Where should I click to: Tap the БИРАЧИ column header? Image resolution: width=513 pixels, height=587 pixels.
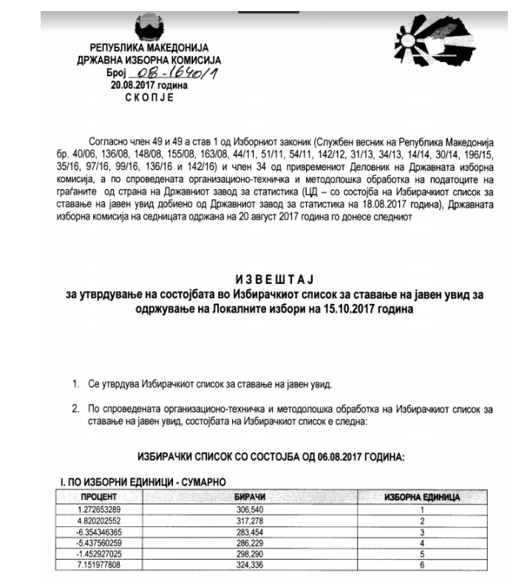[255, 498]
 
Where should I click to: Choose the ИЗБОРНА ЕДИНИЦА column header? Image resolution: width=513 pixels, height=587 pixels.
[421, 498]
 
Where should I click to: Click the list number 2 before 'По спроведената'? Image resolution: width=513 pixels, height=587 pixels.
[75, 407]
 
